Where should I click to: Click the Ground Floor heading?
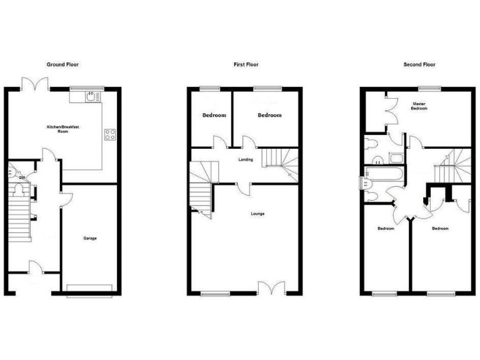(x=63, y=64)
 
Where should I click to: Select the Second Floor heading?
(x=419, y=64)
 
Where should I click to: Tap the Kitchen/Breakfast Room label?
(x=63, y=129)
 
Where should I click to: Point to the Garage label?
(x=90, y=238)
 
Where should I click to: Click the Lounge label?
(x=257, y=214)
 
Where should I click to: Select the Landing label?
(x=246, y=159)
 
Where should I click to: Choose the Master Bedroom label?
(x=419, y=106)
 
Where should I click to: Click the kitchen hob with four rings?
(x=109, y=135)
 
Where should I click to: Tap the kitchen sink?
(x=91, y=96)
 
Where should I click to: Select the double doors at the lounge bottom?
(x=272, y=287)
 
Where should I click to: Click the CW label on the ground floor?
(x=21, y=177)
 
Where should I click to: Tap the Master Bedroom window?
(x=427, y=88)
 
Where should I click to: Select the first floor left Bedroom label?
(x=213, y=115)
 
